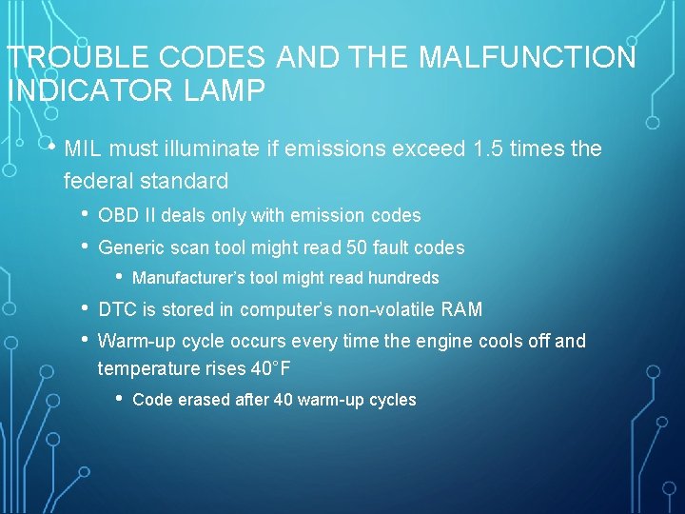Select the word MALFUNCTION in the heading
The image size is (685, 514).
coord(527,58)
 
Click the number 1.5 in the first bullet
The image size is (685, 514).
coord(487,149)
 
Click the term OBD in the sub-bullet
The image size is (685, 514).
coord(117,216)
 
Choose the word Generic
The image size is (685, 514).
coord(130,247)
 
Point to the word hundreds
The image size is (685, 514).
coord(406,278)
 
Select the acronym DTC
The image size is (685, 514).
coord(117,309)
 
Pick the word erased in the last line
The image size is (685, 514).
coord(200,400)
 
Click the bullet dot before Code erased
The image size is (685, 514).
coord(119,399)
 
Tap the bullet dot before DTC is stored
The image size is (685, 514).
coord(86,308)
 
